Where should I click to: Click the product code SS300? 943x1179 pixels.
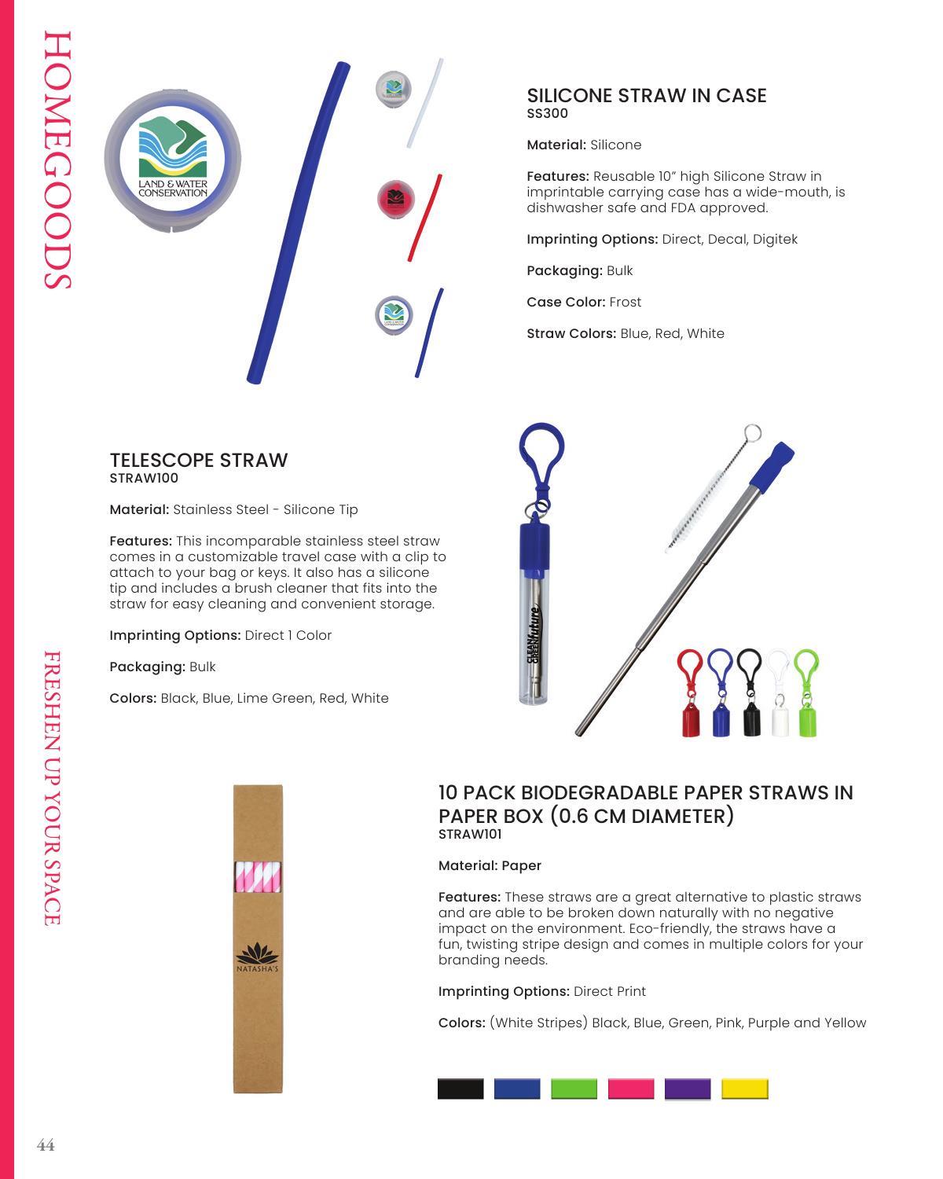547,113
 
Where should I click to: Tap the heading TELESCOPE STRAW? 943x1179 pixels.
199,460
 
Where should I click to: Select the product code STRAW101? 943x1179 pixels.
469,834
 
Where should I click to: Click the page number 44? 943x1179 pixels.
46,1145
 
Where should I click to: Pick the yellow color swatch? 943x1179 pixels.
744,1089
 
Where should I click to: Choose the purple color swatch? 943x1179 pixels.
688,1089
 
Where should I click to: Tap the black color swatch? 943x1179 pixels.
460,1089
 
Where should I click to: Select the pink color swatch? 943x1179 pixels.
630,1089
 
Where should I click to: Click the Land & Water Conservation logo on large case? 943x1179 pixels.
173,157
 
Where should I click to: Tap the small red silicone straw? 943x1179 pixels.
424,218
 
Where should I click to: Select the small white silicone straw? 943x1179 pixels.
424,102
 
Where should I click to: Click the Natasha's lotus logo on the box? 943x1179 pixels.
258,957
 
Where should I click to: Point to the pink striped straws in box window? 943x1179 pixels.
258,876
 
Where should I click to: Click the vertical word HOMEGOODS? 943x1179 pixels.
58,161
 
